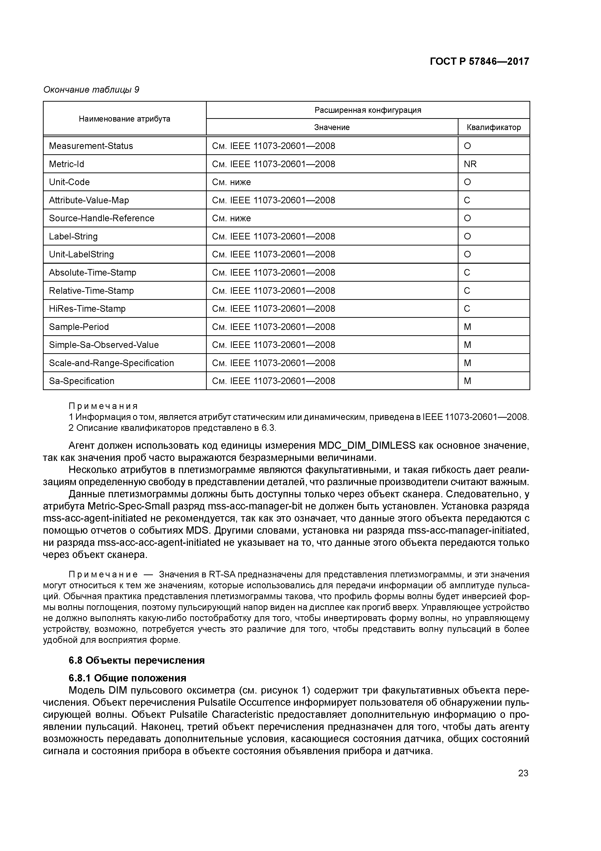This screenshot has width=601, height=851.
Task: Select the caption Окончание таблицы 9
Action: coord(91,90)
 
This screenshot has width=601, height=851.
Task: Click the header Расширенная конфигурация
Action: coord(368,110)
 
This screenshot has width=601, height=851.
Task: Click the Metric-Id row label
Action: coord(67,164)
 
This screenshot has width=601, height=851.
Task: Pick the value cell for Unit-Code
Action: coord(231,182)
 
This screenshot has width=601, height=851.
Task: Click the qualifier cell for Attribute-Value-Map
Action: coord(467,200)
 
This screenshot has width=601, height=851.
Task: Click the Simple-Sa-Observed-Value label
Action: coord(104,345)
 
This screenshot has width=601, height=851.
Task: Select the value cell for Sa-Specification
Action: coord(273,381)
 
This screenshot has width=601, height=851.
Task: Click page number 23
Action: coord(523,773)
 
